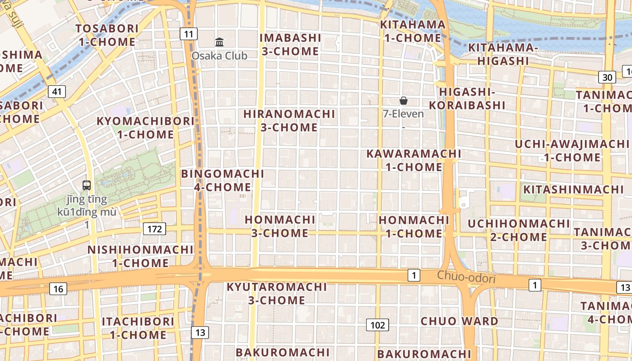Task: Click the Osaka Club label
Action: pos(219,56)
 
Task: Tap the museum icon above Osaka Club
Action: pos(219,42)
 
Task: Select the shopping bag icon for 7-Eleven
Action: pos(404,101)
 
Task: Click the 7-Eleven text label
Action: pos(404,114)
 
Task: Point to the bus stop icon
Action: pos(87,185)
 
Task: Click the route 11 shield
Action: pos(189,34)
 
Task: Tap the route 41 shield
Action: pos(57,92)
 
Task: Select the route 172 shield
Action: pos(154,229)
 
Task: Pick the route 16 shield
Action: pos(58,289)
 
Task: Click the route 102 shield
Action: pos(377,325)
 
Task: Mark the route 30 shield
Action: pos(607,77)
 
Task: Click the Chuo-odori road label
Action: pos(466,277)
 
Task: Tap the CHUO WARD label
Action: pos(460,321)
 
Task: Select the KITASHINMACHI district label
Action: pos(573,190)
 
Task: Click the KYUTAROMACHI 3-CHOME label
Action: pos(276,293)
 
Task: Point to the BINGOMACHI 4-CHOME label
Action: pos(223,180)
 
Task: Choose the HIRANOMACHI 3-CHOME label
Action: pos(289,120)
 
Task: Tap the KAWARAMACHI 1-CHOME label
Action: pos(414,160)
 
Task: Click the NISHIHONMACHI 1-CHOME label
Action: pos(140,256)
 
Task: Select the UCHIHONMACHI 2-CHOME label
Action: pos(519,230)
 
